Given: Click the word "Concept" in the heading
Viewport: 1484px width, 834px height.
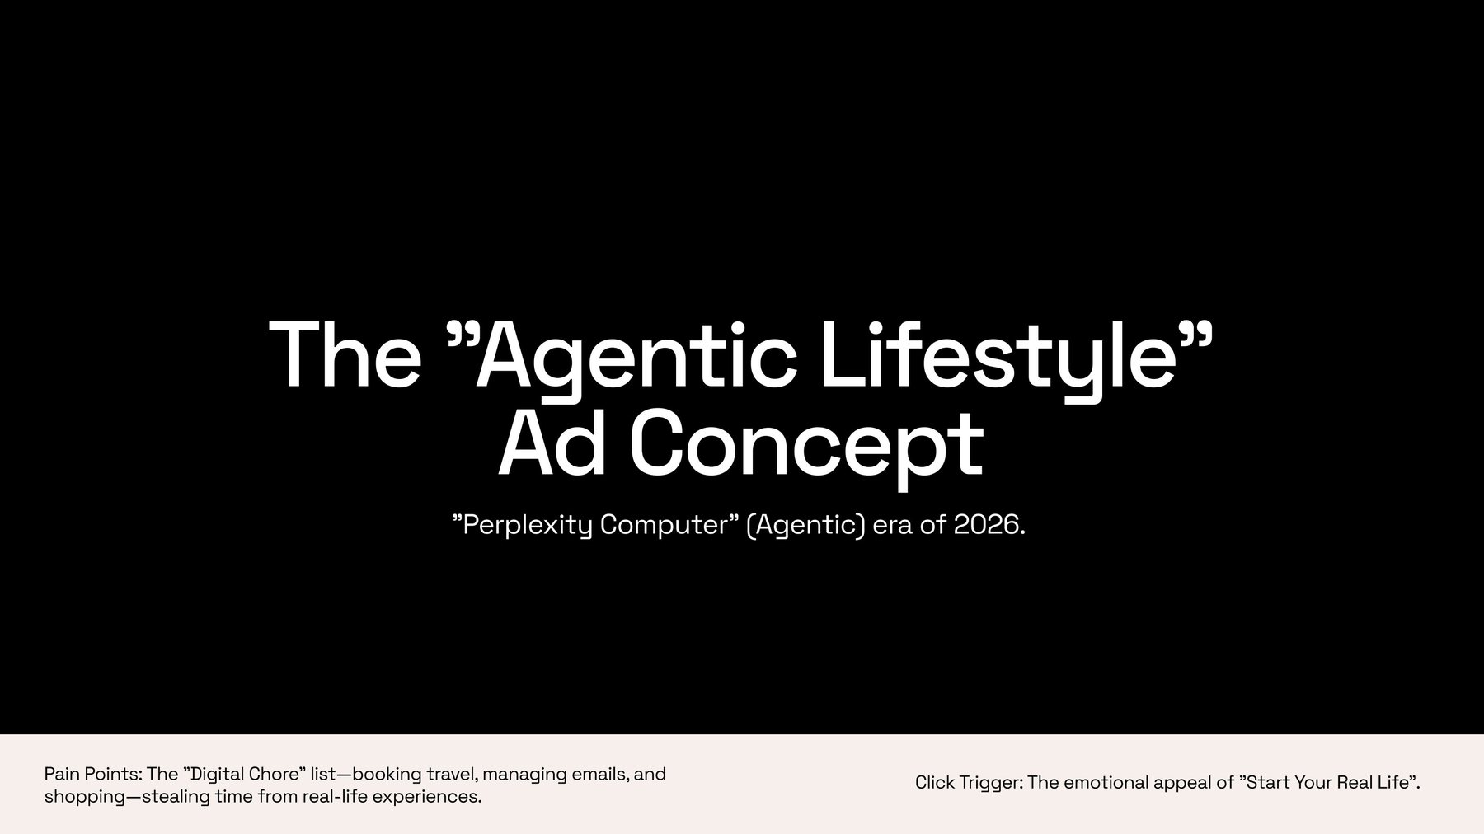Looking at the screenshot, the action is click(807, 444).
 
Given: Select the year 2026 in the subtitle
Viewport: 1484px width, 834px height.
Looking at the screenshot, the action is click(985, 525).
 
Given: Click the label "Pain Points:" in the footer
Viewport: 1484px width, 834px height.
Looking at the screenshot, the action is click(93, 775).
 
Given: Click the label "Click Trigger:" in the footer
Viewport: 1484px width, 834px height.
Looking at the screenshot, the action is click(969, 783).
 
